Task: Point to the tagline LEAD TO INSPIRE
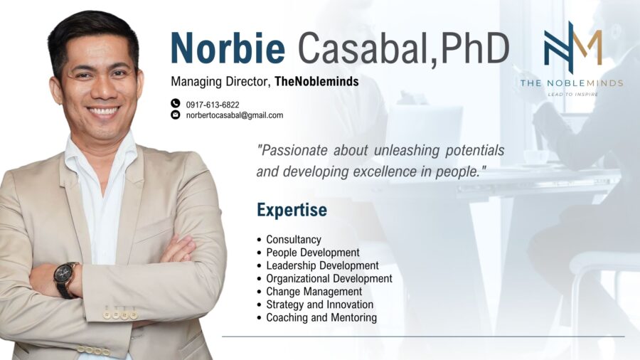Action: click(x=572, y=94)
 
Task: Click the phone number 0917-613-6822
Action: click(x=213, y=105)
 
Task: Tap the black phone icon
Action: click(x=176, y=104)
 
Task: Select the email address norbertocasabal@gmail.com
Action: click(x=234, y=115)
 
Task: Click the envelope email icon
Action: click(x=176, y=115)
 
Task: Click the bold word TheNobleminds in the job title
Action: click(x=316, y=82)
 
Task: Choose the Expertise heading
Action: click(x=292, y=210)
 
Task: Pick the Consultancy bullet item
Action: click(x=293, y=240)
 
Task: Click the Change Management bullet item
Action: click(x=314, y=292)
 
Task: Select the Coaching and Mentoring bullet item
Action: click(x=321, y=318)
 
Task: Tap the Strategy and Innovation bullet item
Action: click(x=319, y=305)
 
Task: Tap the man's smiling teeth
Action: click(x=104, y=111)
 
